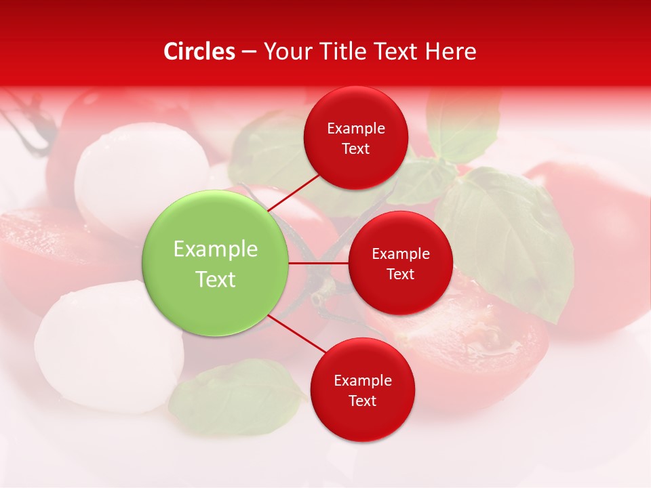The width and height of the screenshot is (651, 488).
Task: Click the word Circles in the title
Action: (x=199, y=52)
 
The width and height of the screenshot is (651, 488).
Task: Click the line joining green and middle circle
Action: (x=319, y=263)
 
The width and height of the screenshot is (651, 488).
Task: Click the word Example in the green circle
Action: (x=216, y=249)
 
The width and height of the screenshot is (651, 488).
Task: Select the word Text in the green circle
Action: (x=216, y=279)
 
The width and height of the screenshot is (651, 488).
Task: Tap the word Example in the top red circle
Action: (x=356, y=128)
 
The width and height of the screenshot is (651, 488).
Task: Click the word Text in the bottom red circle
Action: (x=362, y=401)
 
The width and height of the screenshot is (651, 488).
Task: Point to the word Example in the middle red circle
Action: (x=401, y=253)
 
